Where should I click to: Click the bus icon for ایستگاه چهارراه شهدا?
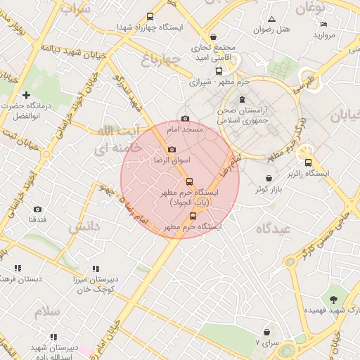pyautogui.click(x=150, y=16)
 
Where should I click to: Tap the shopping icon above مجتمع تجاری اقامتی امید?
pyautogui.click(x=214, y=37)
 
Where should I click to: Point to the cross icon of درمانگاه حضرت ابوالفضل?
pyautogui.click(x=27, y=95)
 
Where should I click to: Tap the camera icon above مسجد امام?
pyautogui.click(x=185, y=119)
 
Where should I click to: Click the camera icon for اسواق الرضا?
pyautogui.click(x=172, y=150)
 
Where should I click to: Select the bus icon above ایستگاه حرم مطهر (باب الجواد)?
pyautogui.click(x=188, y=181)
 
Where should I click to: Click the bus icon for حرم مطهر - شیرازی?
pyautogui.click(x=219, y=71)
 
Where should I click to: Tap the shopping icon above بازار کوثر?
pyautogui.click(x=270, y=178)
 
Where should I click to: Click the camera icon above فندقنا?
pyautogui.click(x=37, y=209)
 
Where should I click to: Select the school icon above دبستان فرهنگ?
pyautogui.click(x=18, y=268)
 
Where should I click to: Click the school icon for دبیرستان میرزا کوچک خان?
pyautogui.click(x=96, y=269)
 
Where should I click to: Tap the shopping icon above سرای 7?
pyautogui.click(x=266, y=331)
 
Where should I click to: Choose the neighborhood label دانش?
pyautogui.click(x=84, y=228)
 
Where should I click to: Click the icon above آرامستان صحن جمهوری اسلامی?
pyautogui.click(x=243, y=98)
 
